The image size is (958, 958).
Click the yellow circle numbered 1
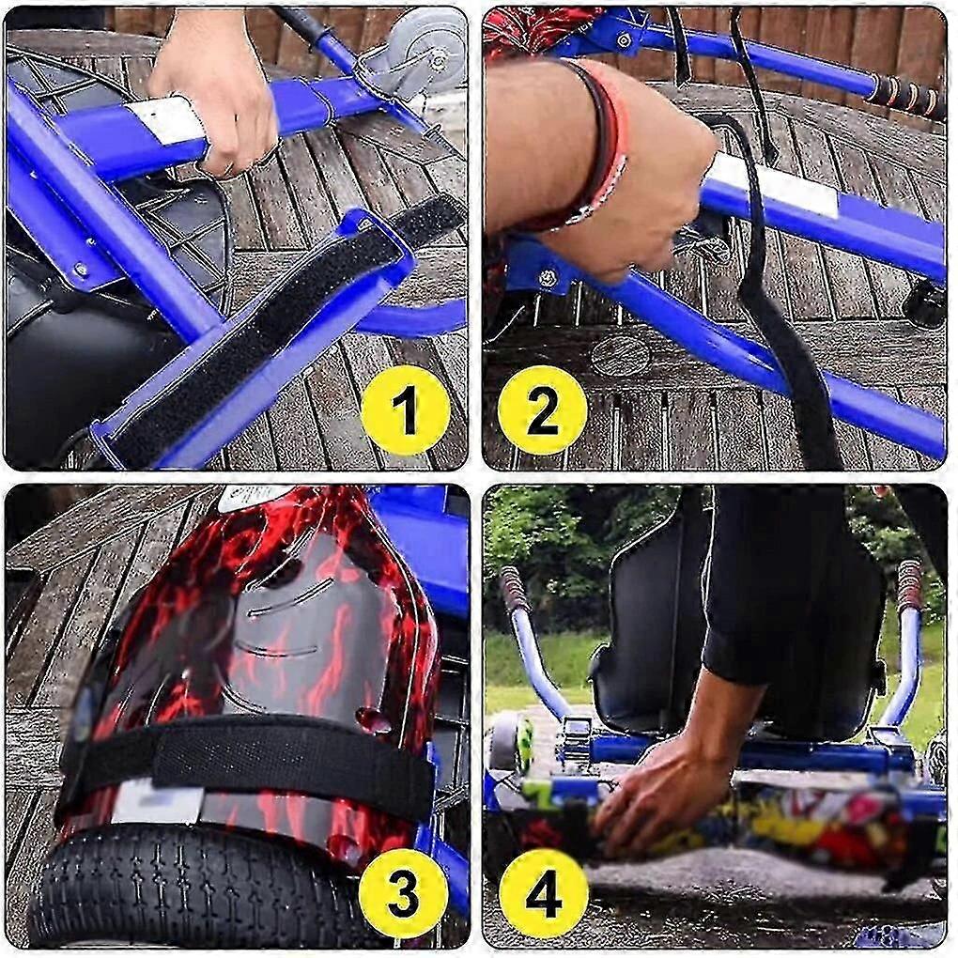pos(405,410)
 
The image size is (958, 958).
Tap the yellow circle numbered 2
pos(543,410)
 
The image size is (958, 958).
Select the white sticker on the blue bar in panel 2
pos(773,184)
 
